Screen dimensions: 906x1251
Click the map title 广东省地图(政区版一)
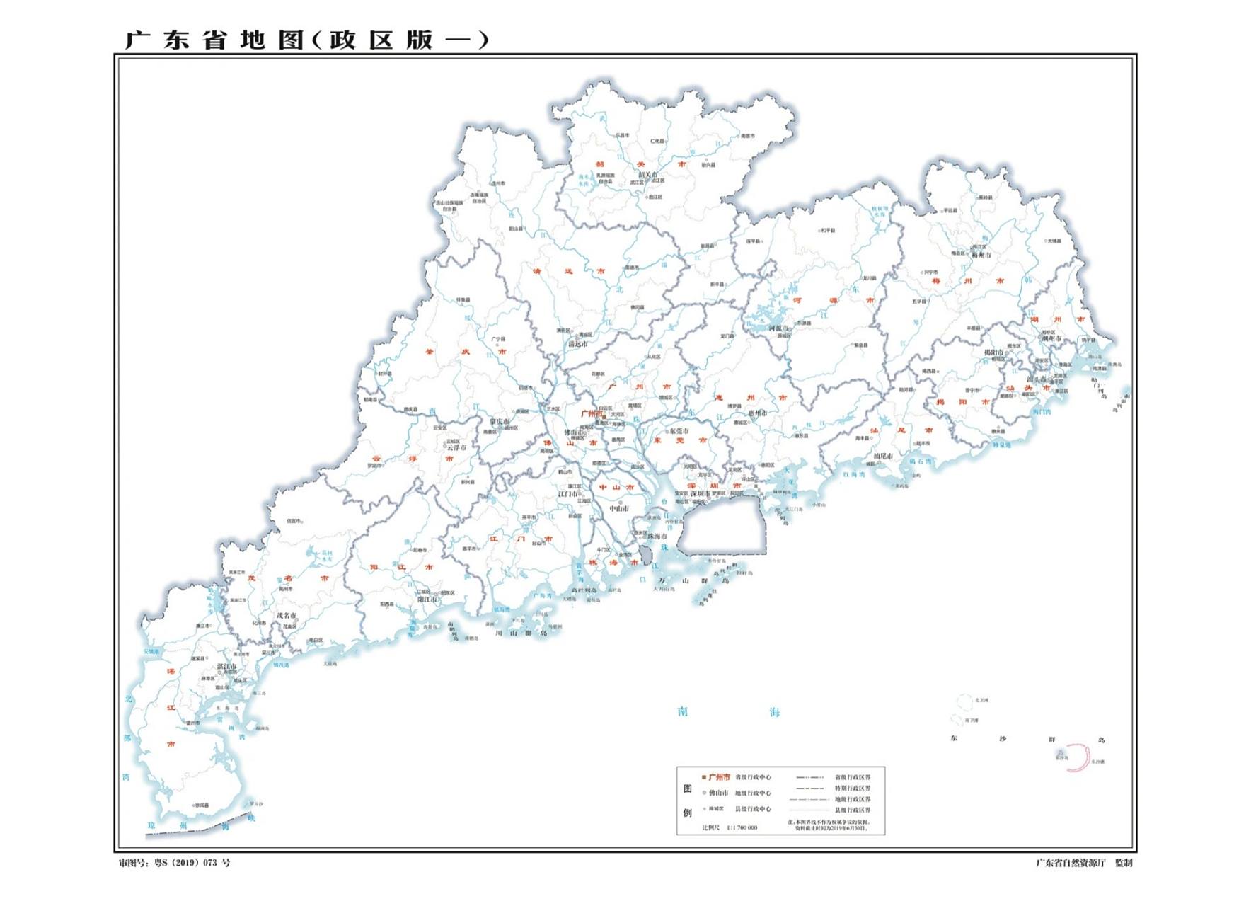pyautogui.click(x=306, y=40)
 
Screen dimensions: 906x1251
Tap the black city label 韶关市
pyautogui.click(x=648, y=174)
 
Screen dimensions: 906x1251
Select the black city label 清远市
pyautogui.click(x=578, y=344)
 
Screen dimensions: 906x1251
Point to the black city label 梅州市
pyautogui.click(x=981, y=255)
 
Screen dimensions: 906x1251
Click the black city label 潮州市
pyautogui.click(x=1052, y=338)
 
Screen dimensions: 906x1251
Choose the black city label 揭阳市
pyautogui.click(x=994, y=352)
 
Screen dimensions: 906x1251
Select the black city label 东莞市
pyautogui.click(x=679, y=431)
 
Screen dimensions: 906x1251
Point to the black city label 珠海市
pyautogui.click(x=657, y=537)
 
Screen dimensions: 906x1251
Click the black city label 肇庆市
pyautogui.click(x=500, y=422)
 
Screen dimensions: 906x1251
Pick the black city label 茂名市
pyautogui.click(x=287, y=616)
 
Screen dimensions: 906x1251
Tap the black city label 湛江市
pyautogui.click(x=226, y=667)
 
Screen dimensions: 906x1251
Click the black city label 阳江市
pyautogui.click(x=427, y=600)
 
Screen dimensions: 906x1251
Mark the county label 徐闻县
pyautogui.click(x=202, y=805)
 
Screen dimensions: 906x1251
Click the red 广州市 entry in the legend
pyautogui.click(x=719, y=777)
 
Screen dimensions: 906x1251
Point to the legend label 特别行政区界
pyautogui.click(x=853, y=788)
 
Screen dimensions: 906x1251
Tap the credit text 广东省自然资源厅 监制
pyautogui.click(x=1084, y=863)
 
